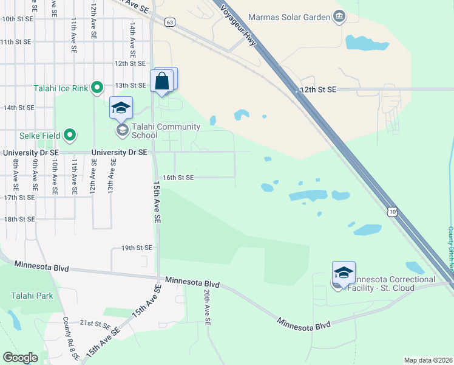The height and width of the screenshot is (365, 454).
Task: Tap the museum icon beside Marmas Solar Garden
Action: click(339, 16)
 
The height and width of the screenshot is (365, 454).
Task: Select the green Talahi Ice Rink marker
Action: click(97, 88)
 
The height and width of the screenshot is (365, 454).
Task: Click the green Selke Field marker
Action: click(70, 134)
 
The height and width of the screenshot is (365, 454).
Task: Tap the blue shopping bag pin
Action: click(163, 81)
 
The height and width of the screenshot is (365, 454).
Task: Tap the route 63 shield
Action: click(170, 23)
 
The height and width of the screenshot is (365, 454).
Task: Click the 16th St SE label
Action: click(178, 178)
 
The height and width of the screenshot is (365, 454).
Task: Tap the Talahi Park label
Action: click(32, 296)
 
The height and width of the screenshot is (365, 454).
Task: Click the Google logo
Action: click(20, 357)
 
